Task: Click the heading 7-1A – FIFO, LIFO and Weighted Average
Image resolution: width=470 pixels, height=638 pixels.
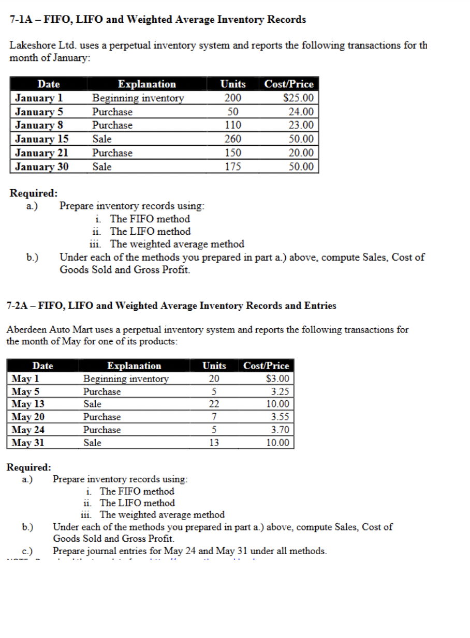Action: pos(158,20)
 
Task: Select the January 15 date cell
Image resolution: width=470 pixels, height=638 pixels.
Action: pos(41,139)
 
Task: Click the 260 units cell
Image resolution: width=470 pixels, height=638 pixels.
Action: pos(233,139)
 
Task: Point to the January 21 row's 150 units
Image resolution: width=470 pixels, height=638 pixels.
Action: pos(233,153)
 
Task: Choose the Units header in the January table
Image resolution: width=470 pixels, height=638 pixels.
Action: pos(233,84)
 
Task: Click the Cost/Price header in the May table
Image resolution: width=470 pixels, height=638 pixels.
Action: pos(266,366)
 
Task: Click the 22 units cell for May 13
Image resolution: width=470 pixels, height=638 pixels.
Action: pos(214,404)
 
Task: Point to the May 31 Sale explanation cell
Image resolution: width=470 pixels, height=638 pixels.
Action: pos(93,443)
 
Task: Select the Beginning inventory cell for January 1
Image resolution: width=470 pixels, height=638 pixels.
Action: pos(138,98)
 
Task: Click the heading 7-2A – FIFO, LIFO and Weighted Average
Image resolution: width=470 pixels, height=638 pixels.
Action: pos(171,306)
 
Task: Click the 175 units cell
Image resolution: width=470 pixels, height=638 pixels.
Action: pos(233,167)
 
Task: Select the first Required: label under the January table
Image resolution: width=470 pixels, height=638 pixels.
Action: pos(34,193)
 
